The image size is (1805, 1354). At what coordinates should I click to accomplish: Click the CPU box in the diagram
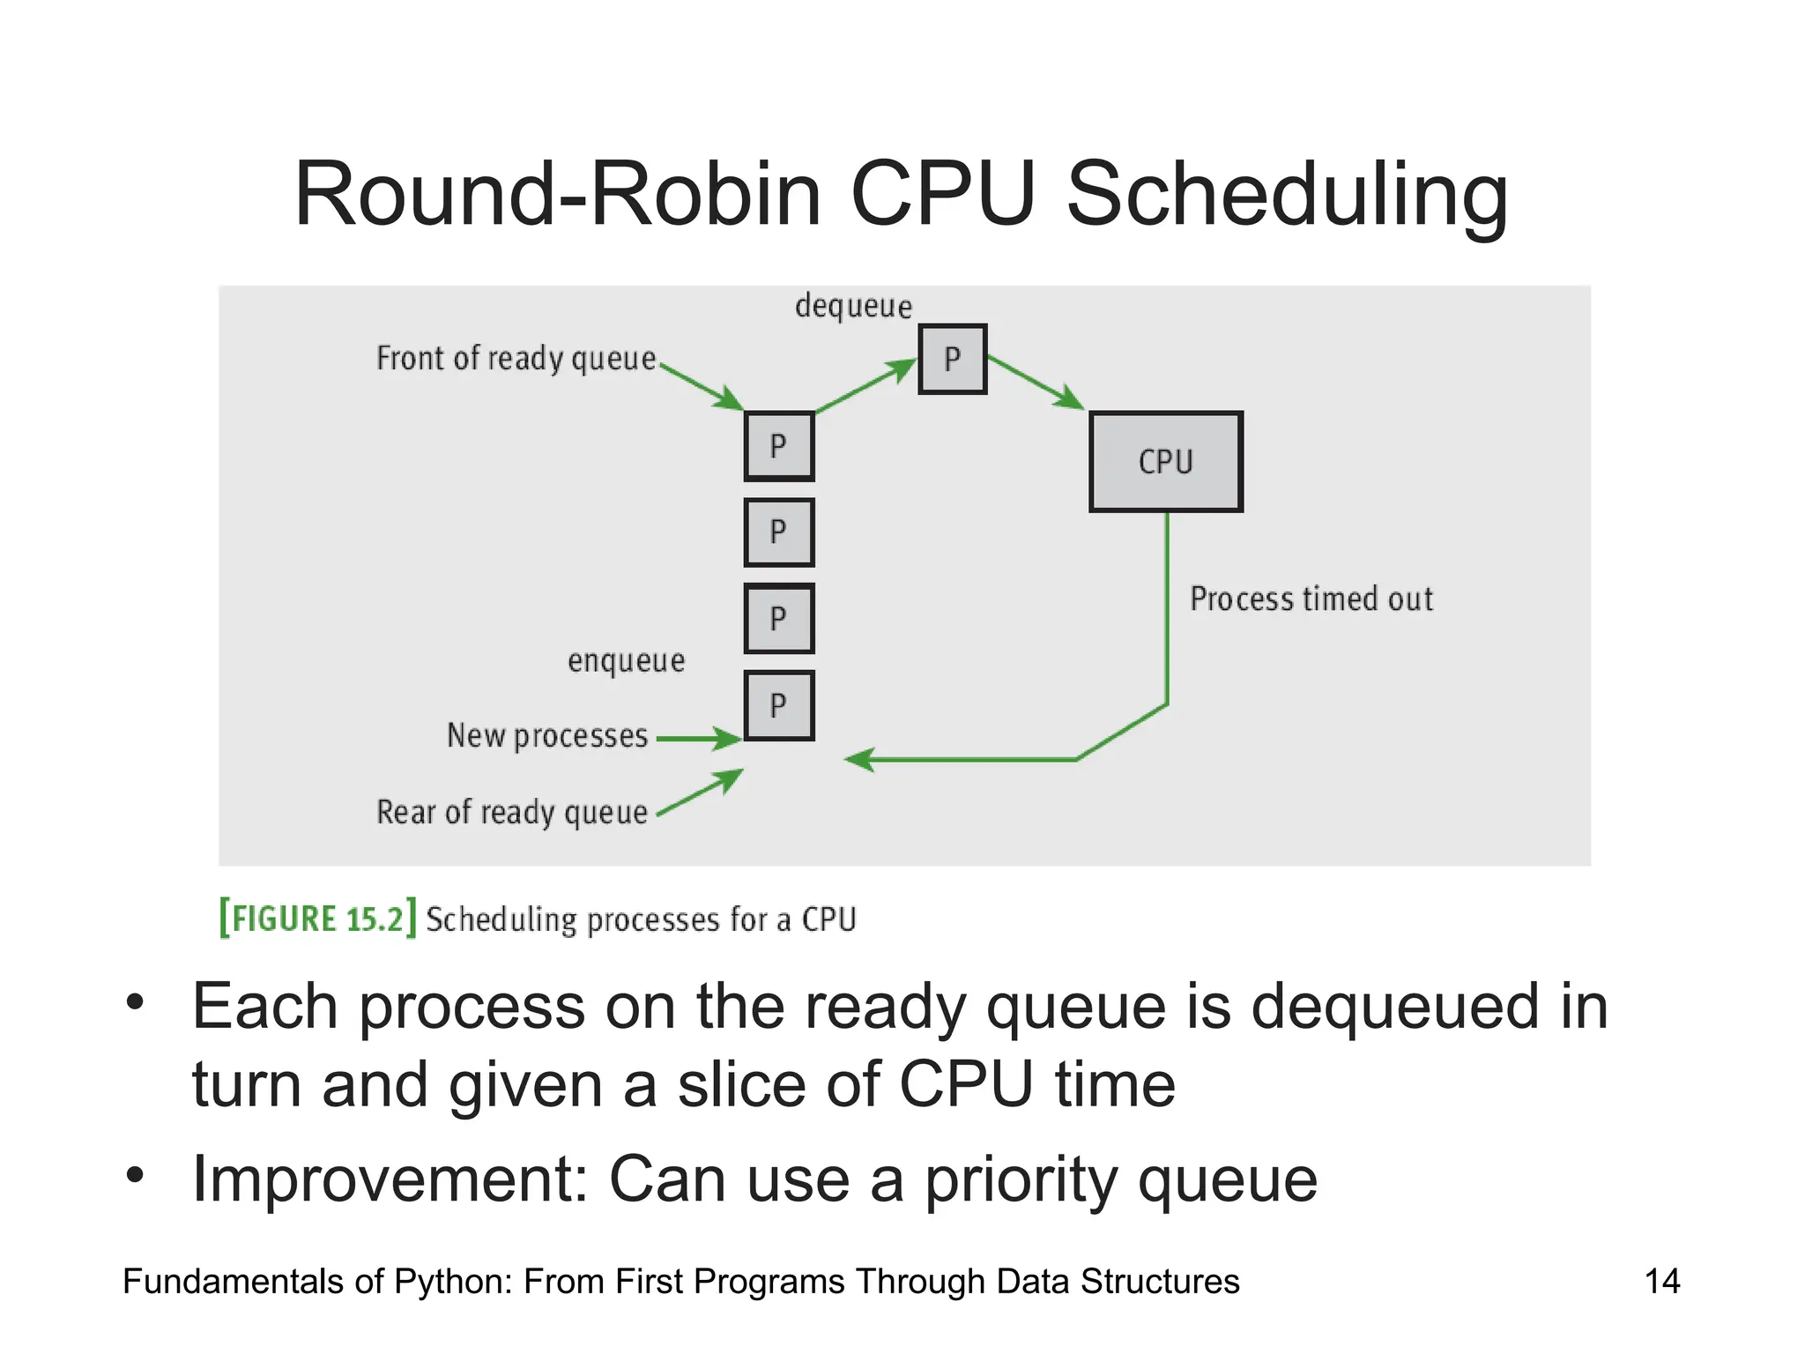coord(1166,461)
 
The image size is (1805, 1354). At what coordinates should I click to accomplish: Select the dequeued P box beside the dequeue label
coord(952,359)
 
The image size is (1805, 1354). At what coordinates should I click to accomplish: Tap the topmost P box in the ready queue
coord(778,446)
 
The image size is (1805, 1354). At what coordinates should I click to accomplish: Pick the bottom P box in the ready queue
coord(778,705)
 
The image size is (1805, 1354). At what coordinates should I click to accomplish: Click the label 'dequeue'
coord(853,306)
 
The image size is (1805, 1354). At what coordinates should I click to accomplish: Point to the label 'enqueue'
coord(626,660)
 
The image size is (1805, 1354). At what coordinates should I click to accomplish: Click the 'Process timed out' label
coord(1311,599)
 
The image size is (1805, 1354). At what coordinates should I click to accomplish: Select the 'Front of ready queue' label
coord(516,359)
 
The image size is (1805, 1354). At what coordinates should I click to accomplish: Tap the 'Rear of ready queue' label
coord(512,812)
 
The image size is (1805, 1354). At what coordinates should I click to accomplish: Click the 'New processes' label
coord(547,735)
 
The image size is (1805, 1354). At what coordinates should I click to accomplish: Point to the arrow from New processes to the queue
coord(699,738)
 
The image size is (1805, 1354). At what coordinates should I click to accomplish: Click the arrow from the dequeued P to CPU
coord(1036,383)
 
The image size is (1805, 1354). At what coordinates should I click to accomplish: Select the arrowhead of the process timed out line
coord(860,759)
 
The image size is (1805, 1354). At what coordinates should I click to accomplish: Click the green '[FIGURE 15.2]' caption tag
coord(317,919)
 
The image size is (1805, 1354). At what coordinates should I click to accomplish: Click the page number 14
coord(1662,1281)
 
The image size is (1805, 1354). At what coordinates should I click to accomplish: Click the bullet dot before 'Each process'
coord(134,1001)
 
